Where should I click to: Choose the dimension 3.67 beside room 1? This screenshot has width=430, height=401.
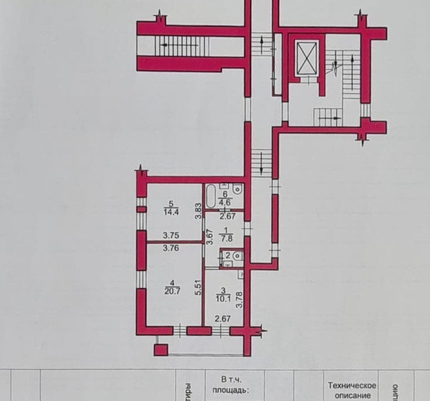212,238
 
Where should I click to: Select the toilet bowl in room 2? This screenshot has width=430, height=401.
237,256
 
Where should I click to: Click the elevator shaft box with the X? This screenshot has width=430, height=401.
305,56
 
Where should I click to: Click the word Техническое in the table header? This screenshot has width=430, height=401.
352,385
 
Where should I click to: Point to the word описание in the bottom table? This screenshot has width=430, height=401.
352,396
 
